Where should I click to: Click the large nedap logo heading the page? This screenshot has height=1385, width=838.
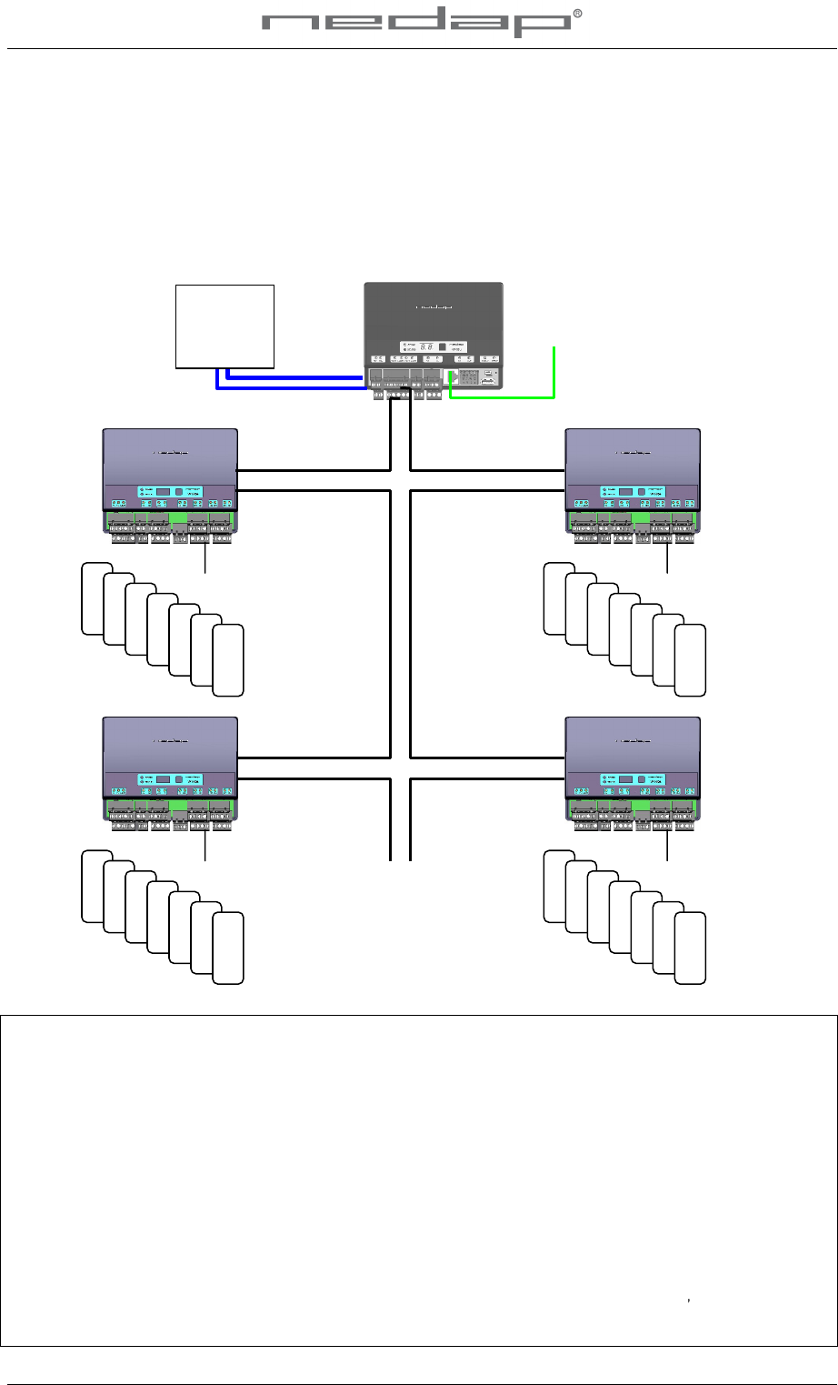417,25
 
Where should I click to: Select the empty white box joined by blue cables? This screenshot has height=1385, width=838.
224,326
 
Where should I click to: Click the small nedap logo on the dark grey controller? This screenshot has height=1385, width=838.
433,307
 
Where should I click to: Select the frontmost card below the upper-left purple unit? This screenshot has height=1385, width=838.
228,660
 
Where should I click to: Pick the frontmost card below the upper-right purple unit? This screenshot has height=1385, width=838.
691,660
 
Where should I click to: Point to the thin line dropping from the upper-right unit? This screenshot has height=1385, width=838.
667,560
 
